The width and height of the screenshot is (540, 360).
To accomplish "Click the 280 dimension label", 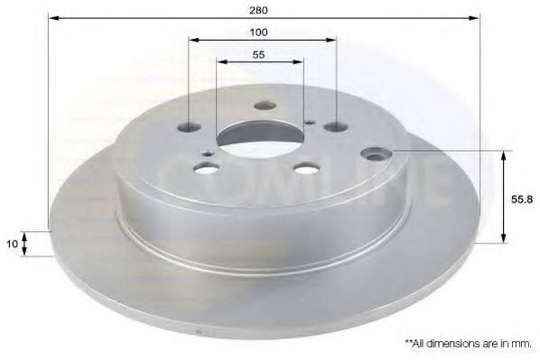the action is tap(258, 10).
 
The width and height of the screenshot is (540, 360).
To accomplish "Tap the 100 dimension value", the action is tap(258, 32).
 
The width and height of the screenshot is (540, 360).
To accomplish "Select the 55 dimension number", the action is tap(258, 55).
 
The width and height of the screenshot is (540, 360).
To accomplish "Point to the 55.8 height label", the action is tap(522, 199).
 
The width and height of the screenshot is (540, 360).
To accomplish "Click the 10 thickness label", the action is tap(12, 244).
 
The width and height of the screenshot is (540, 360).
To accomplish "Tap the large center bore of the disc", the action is tap(260, 139).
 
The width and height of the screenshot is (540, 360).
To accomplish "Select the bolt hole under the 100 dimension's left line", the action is tap(189, 128).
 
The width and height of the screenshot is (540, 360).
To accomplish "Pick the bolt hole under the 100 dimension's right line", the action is tap(336, 127).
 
